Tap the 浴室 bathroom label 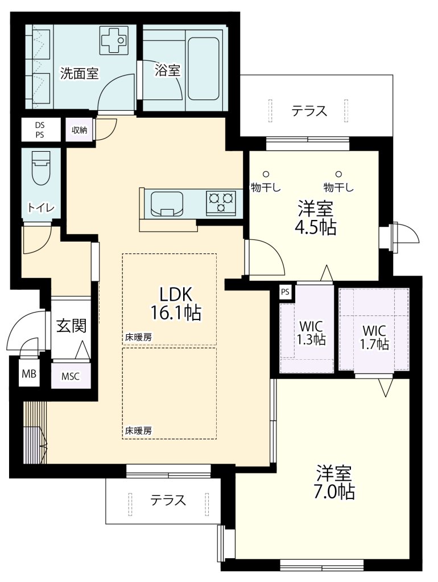pos(167,70)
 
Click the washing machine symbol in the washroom pos(113,39)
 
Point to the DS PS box pos(39,130)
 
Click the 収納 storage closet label pos(79,130)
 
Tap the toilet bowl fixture pos(40,167)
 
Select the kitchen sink pos(166,203)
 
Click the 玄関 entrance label pos(71,326)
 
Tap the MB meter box pos(28,374)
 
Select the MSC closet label pos(71,376)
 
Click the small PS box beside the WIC pos(286,292)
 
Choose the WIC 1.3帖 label pos(311,334)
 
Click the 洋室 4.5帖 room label pos(315,218)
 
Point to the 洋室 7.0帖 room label pos(335,482)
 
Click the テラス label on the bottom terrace pos(168,500)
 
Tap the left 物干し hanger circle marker pos(266,174)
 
